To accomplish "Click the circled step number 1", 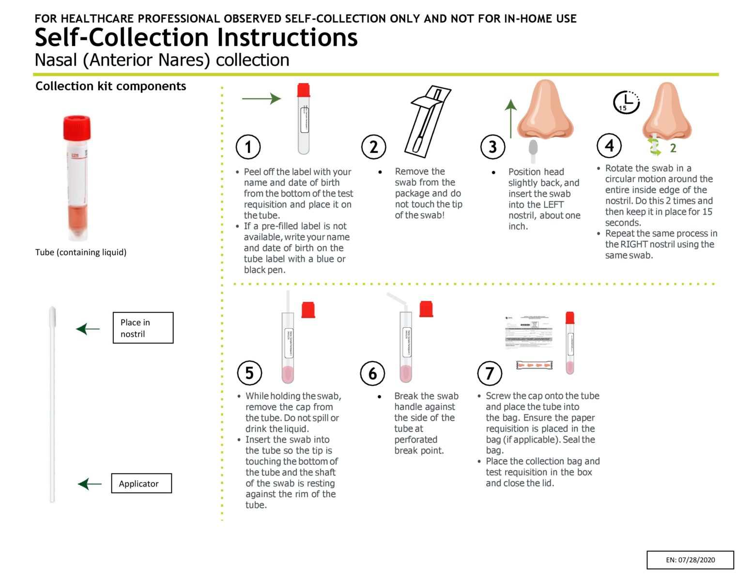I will tap(248, 147).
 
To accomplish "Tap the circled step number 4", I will tap(609, 145).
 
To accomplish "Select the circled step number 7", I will tap(490, 373).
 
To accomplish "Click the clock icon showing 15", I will tap(626, 102).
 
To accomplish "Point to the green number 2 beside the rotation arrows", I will tap(673, 148).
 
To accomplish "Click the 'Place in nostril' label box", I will tap(143, 328).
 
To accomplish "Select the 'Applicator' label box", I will tap(141, 483).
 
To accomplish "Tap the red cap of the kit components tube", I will tap(77, 128).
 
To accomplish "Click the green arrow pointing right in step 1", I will tap(261, 99).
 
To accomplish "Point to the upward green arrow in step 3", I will tap(510, 119).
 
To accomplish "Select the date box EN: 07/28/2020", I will tap(690, 560).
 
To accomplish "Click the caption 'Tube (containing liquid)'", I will tap(81, 252).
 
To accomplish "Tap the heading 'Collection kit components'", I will tap(111, 86).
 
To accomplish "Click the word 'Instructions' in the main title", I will tap(287, 38).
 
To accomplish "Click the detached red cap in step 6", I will tap(426, 309).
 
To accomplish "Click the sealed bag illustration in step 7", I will tap(534, 365).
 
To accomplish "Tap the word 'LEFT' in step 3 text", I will tap(552, 205).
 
